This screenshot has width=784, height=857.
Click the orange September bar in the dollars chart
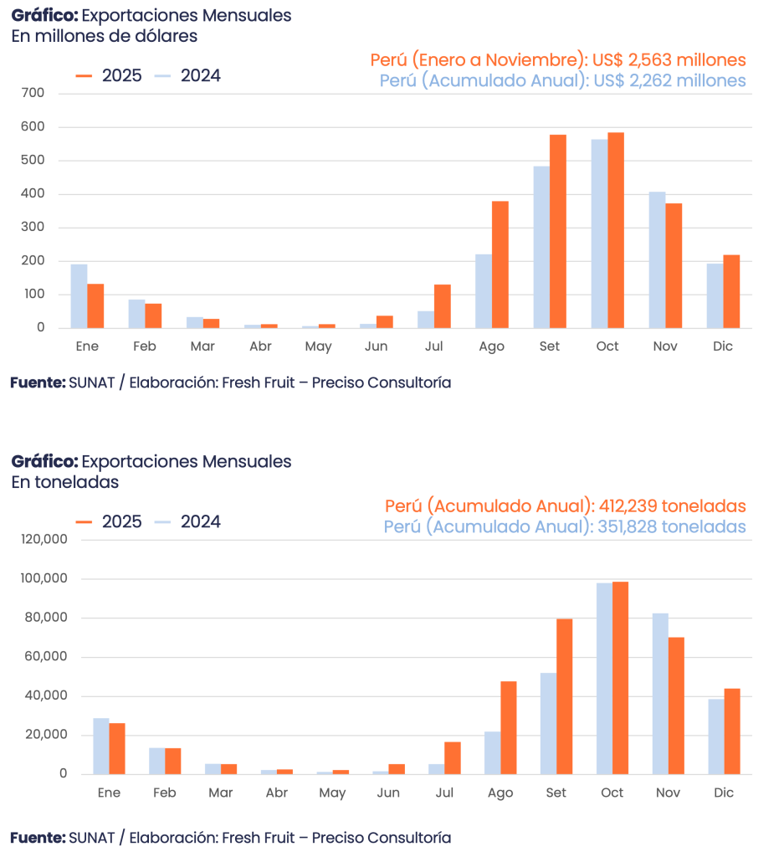coord(558,231)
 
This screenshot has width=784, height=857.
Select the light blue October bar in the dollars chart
coord(598,233)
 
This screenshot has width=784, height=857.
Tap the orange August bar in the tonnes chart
coord(509,727)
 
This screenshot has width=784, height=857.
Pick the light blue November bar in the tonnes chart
coord(660,694)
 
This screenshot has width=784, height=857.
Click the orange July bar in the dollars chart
coord(442,305)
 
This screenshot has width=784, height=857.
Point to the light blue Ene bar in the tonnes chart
coord(101,746)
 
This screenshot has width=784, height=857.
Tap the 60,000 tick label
coord(46,657)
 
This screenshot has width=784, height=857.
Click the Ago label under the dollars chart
coord(492,346)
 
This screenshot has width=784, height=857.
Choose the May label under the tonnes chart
coord(332,793)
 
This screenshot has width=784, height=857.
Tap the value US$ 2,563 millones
coord(669,60)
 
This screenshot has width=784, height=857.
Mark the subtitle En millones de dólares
coord(105,36)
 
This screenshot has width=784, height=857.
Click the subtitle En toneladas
coord(65,482)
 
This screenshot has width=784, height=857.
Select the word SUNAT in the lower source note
coord(85,837)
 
